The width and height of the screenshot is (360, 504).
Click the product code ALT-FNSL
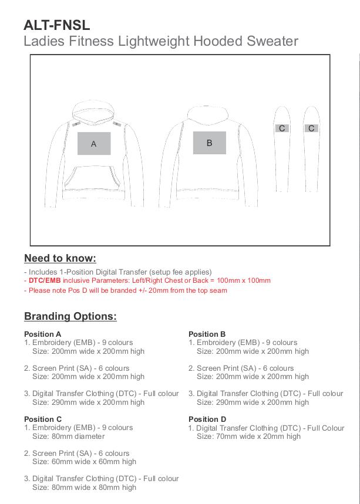57,25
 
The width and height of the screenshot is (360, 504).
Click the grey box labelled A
94,144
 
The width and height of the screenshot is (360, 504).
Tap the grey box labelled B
209,143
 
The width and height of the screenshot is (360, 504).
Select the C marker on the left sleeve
282,128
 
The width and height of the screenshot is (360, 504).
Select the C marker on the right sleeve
311,128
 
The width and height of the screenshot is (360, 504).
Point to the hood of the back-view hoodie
209,114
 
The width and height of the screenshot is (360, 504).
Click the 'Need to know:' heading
60,258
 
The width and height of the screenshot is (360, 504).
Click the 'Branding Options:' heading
70,316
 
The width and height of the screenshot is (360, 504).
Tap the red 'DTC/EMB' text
45,281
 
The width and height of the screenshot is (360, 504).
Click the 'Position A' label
43,334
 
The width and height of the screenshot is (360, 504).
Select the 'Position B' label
207,334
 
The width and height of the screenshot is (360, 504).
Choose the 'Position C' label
43,419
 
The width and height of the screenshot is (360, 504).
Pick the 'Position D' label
207,419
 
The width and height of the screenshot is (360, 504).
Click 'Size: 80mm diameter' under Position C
68,436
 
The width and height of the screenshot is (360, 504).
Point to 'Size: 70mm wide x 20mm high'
248,436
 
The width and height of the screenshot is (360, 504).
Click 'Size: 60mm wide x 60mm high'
84,462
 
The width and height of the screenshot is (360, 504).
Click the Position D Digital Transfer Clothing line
270,428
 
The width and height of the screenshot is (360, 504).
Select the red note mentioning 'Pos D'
126,290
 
